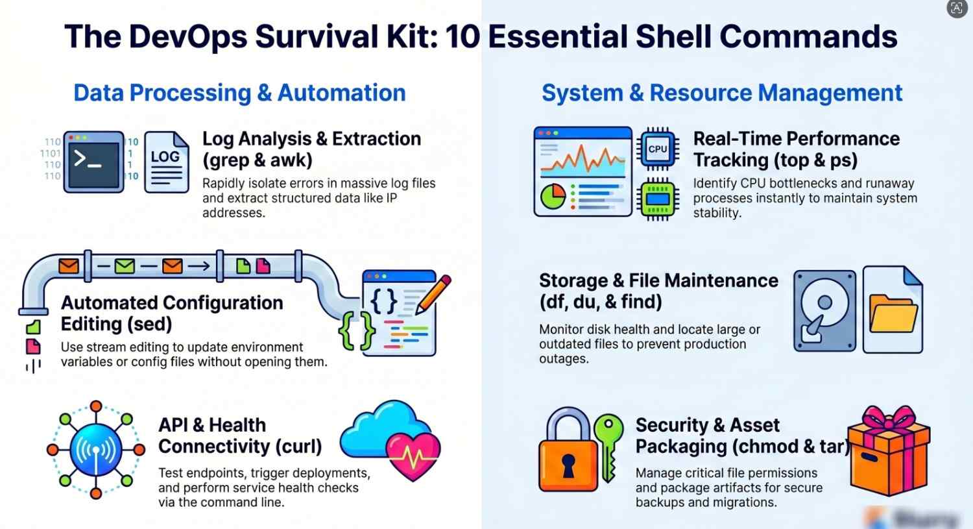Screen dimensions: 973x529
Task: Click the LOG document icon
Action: (167, 162)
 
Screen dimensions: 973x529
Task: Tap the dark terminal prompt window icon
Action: (93, 162)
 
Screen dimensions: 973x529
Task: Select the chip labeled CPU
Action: (658, 149)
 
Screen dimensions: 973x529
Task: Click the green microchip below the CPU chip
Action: (658, 199)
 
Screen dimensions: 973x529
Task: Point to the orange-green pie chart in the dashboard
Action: (553, 197)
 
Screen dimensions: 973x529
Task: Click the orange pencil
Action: (433, 294)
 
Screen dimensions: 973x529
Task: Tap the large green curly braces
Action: (357, 331)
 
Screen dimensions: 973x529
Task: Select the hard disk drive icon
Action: (824, 311)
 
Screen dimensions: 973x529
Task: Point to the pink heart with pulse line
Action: (413, 456)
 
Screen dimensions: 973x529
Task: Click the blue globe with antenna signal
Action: (96, 449)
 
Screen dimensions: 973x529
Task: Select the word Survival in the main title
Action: (317, 36)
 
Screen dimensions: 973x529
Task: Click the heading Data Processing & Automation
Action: (239, 93)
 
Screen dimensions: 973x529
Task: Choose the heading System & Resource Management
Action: (722, 93)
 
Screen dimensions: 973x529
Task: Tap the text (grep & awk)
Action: (258, 160)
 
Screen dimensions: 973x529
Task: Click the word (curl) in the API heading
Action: (298, 447)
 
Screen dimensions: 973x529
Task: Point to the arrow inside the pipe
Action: (200, 265)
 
